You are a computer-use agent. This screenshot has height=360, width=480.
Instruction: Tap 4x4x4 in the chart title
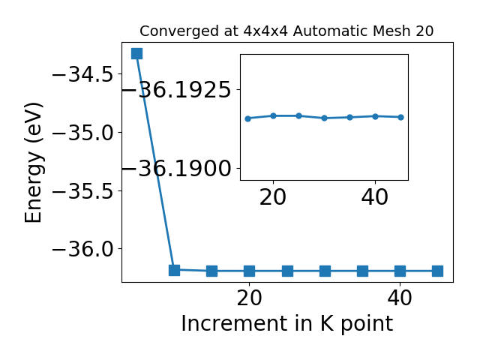tap(265, 31)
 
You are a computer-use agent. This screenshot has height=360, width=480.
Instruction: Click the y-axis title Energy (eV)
tap(33, 162)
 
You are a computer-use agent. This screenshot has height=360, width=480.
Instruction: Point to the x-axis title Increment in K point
tap(287, 323)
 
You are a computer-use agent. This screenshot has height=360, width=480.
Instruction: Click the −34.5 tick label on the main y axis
tap(82, 74)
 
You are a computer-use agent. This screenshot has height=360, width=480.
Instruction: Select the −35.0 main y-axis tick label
tap(82, 132)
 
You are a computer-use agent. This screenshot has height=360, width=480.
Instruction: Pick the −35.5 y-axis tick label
tap(82, 190)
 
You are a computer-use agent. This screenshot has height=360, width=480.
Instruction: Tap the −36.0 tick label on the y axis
tap(82, 249)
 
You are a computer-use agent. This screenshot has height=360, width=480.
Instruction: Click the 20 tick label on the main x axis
tap(250, 298)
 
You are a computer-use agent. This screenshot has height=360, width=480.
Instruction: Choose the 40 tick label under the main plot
tap(400, 298)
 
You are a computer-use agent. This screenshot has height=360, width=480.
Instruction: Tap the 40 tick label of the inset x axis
tap(375, 197)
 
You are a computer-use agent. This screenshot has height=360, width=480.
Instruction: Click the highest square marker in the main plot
tap(136, 53)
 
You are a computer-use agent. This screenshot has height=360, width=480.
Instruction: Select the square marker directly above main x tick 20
tap(250, 271)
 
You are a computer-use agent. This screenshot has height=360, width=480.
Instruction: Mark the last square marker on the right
tap(438, 271)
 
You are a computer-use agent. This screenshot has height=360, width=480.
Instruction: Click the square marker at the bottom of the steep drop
tap(174, 270)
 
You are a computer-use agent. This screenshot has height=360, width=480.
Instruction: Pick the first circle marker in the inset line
tap(248, 118)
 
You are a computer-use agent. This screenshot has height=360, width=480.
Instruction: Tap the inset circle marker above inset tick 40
tap(375, 116)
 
